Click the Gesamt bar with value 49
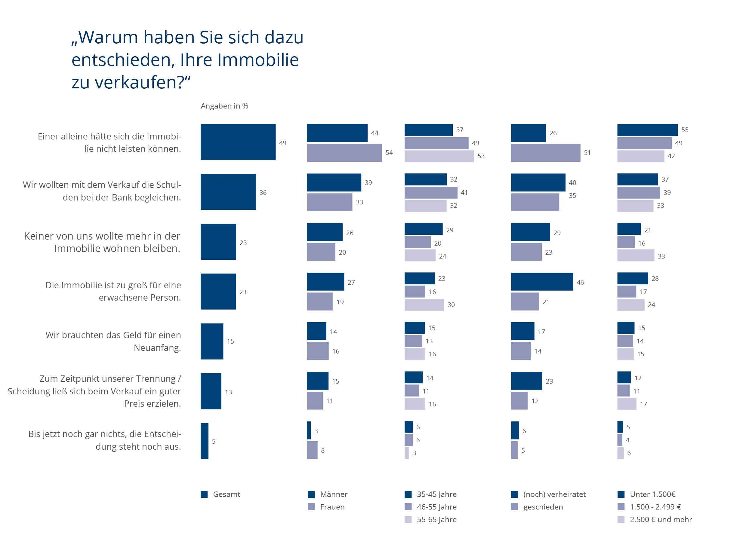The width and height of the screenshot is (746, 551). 238,142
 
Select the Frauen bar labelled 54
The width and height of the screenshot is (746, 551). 344,153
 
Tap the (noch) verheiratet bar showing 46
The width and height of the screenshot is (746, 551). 542,282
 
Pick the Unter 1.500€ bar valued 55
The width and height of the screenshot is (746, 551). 647,130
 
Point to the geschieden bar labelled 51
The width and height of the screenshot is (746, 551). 545,153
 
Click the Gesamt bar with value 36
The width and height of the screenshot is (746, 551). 228,192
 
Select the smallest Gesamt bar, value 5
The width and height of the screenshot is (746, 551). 204,441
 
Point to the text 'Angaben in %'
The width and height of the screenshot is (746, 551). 224,106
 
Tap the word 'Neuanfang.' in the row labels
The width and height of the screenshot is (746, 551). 157,348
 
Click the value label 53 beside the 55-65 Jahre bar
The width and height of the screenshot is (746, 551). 481,156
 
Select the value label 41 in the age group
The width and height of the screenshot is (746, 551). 464,193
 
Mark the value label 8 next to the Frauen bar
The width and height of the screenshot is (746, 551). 323,451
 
